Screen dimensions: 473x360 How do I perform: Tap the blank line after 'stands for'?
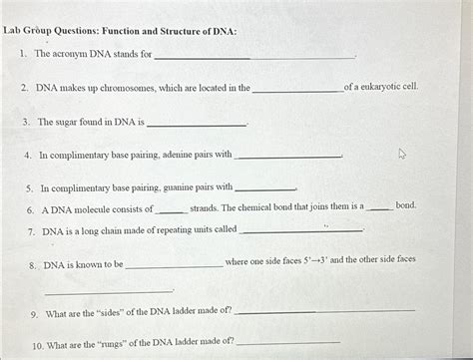pyautogui.click(x=254, y=56)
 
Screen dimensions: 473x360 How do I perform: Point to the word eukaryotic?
pyautogui.click(x=383, y=88)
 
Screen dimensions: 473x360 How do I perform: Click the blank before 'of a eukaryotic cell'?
pyautogui.click(x=297, y=90)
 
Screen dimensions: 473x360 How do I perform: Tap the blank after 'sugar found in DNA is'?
pyautogui.click(x=196, y=125)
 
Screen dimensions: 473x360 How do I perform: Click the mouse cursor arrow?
pyautogui.click(x=403, y=155)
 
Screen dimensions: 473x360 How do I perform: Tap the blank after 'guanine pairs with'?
pyautogui.click(x=264, y=188)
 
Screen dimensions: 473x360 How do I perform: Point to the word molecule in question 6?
pyautogui.click(x=92, y=209)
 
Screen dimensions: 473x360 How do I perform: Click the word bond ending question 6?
pyautogui.click(x=406, y=206)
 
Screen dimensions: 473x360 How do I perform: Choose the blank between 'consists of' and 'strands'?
pyautogui.click(x=171, y=211)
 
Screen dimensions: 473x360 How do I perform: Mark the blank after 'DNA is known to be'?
pyautogui.click(x=175, y=266)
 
